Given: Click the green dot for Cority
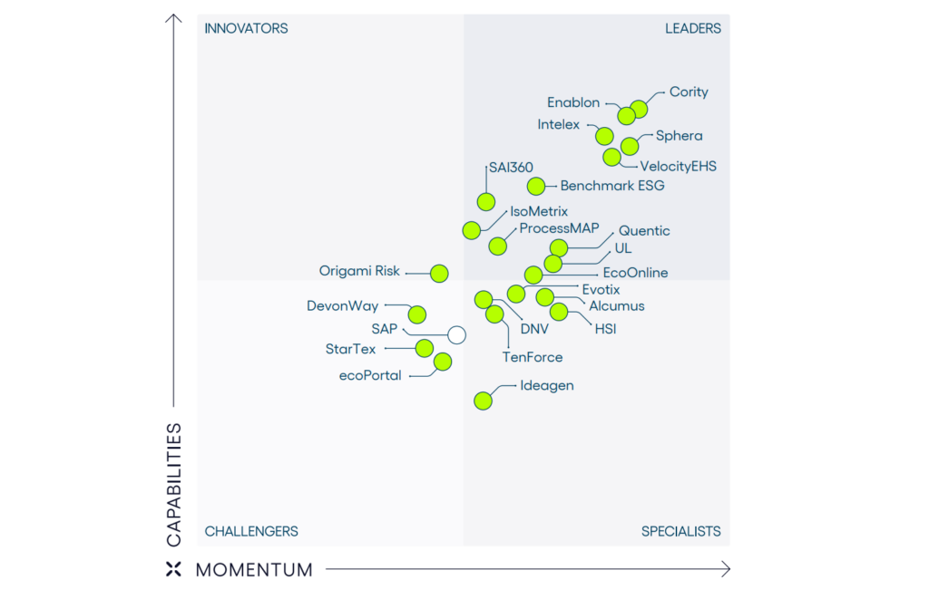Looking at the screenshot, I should pyautogui.click(x=639, y=109).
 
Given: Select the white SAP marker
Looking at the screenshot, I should pyautogui.click(x=456, y=335).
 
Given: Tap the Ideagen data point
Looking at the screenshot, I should pyautogui.click(x=483, y=401).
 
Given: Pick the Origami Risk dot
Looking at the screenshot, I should pyautogui.click(x=439, y=272).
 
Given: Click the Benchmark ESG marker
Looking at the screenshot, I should pyautogui.click(x=536, y=186).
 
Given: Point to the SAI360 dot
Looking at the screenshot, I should pyautogui.click(x=486, y=201).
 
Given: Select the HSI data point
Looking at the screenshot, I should pyautogui.click(x=559, y=312).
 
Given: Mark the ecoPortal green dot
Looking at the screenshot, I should pyautogui.click(x=443, y=362).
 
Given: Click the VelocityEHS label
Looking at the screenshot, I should pyautogui.click(x=678, y=166).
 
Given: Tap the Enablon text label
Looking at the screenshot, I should pyautogui.click(x=573, y=102).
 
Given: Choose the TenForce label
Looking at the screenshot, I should pyautogui.click(x=533, y=357).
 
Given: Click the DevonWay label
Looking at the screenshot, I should pyautogui.click(x=342, y=306).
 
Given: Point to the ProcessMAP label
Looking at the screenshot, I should pyautogui.click(x=559, y=228).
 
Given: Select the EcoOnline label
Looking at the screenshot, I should pyautogui.click(x=635, y=273).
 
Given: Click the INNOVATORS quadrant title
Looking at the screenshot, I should pyautogui.click(x=246, y=28).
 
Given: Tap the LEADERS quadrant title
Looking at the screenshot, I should pyautogui.click(x=693, y=28).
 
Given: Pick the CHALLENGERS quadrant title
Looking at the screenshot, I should pyautogui.click(x=251, y=531).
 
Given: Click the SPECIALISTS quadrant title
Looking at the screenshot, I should pyautogui.click(x=680, y=531).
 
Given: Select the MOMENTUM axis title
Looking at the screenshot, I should pyautogui.click(x=254, y=570).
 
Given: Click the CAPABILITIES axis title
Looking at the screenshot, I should pyautogui.click(x=174, y=484).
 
